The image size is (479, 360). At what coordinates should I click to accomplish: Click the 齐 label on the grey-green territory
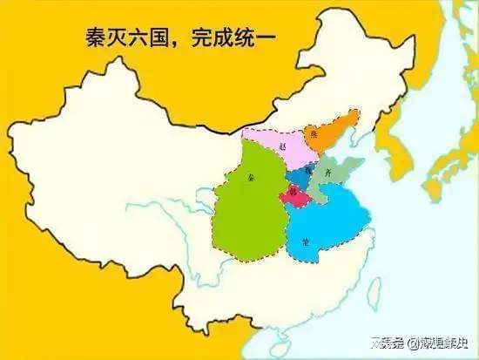click(x=327, y=173)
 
